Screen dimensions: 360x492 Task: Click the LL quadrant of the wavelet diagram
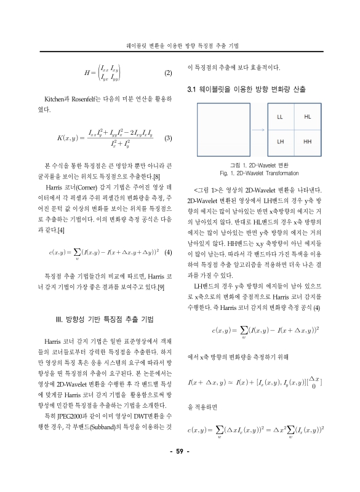[x=280, y=116]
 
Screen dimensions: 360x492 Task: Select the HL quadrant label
[x=308, y=116]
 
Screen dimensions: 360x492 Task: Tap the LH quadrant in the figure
[x=280, y=141]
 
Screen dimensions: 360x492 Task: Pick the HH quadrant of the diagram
[x=308, y=141]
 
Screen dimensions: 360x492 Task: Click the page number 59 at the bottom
[x=180, y=470]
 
